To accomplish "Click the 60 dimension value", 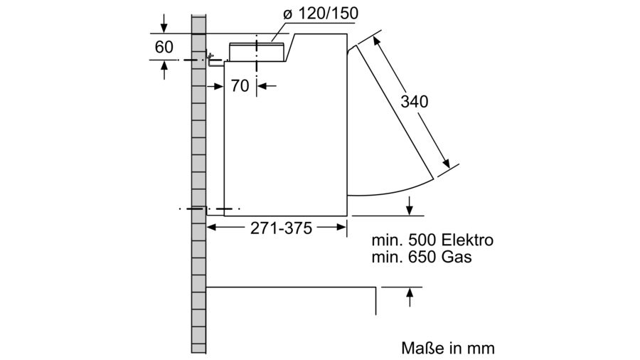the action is (x=164, y=47).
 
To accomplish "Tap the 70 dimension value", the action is (x=240, y=85).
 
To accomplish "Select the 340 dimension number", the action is (x=415, y=101).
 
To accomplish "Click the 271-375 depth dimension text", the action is (x=281, y=228).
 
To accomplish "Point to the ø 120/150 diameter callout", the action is (x=321, y=14).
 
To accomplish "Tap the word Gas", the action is (x=457, y=257).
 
